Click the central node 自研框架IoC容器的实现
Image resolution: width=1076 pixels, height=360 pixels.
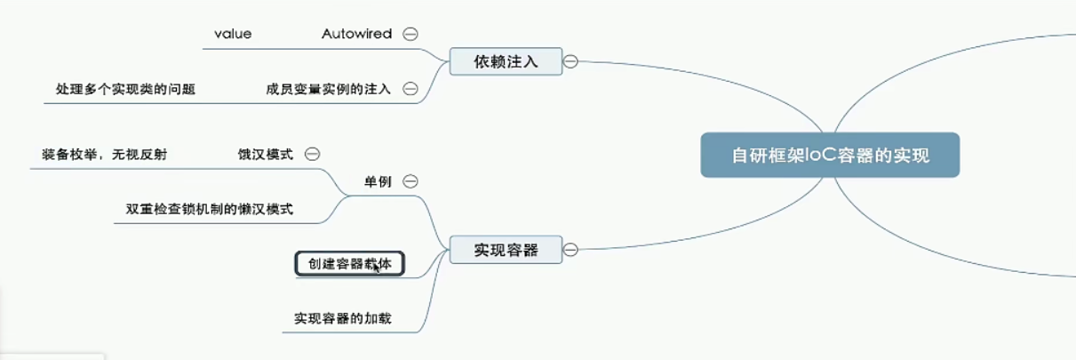830,156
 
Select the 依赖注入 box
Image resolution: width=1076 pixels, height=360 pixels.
506,61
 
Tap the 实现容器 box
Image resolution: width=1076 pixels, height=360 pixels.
506,251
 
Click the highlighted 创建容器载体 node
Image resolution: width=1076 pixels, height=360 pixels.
350,264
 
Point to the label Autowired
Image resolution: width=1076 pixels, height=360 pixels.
356,34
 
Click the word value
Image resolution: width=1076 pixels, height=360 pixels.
233,34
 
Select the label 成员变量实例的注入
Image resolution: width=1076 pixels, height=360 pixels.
329,89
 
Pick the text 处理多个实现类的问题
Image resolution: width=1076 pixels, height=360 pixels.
125,89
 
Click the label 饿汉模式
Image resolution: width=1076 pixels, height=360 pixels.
265,154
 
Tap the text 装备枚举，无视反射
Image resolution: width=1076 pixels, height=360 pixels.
104,154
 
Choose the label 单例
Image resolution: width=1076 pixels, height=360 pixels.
378,181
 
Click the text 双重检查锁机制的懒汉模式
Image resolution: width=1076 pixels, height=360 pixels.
210,210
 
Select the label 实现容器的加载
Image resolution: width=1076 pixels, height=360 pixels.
343,317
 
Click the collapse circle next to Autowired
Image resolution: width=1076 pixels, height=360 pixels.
410,34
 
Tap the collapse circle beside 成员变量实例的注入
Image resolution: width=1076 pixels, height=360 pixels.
410,89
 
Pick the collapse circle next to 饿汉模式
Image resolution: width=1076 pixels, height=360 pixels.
312,154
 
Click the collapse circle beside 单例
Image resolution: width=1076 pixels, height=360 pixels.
410,181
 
